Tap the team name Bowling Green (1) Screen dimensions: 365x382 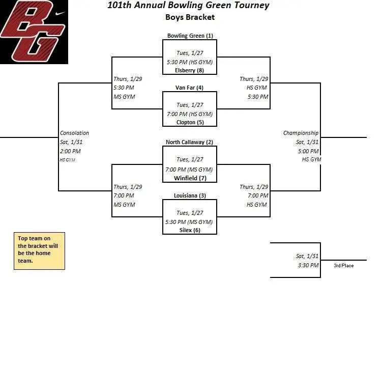(190, 36)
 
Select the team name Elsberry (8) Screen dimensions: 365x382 (189, 70)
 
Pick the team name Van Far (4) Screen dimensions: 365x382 (189, 88)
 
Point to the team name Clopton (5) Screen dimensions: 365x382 (189, 122)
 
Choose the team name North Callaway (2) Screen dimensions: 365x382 (189, 142)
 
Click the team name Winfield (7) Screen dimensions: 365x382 (189, 178)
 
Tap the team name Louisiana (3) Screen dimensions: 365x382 (189, 195)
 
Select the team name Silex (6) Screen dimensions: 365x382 (190, 230)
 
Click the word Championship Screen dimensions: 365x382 (301, 133)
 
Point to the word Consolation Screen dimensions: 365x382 (74, 133)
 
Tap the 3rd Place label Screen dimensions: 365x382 (343, 266)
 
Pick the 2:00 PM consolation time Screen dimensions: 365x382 (70, 151)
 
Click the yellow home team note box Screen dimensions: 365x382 (39, 251)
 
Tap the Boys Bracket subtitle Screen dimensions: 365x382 (190, 17)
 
